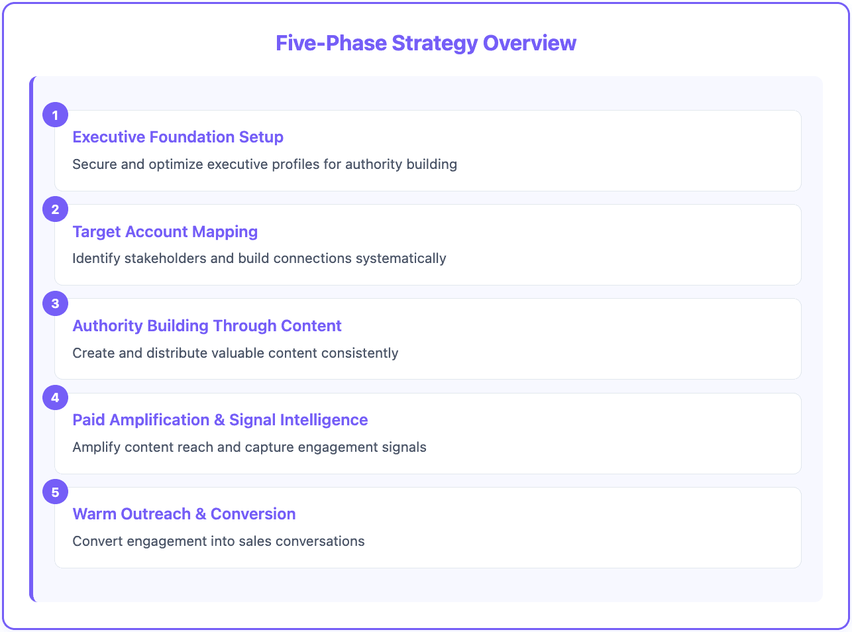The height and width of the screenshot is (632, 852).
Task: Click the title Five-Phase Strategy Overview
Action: (x=426, y=43)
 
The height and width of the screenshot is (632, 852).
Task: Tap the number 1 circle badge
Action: (x=55, y=115)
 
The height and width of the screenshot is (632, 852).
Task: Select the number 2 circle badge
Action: (x=55, y=209)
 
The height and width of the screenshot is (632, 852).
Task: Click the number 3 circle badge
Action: (x=55, y=303)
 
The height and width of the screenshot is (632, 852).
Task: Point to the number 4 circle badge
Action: (x=55, y=397)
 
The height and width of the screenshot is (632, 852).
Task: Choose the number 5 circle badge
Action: (x=55, y=492)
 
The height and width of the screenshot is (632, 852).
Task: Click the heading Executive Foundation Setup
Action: (x=178, y=137)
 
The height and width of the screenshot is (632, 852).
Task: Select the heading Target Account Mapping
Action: (x=165, y=232)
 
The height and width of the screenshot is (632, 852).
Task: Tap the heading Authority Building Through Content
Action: (x=207, y=326)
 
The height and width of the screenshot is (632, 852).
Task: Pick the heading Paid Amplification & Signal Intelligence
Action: (x=220, y=420)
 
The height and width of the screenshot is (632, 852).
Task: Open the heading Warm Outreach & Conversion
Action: (x=184, y=514)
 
